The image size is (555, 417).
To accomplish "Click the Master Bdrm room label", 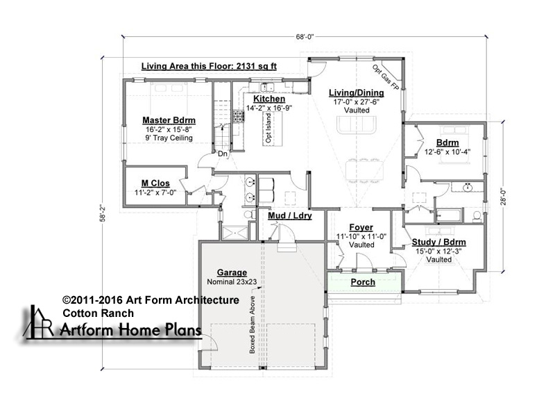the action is tap(169, 120).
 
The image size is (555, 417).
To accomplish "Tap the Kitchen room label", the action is tap(269, 99).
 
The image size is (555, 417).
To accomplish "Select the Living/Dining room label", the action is tap(357, 93).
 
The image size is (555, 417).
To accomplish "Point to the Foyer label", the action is tap(361, 227).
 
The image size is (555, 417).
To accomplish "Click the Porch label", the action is tap(363, 282).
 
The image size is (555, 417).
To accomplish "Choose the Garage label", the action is tap(232, 272).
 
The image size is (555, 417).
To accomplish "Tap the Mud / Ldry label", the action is tap(290, 215).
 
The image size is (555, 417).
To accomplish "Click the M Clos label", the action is tap(155, 183).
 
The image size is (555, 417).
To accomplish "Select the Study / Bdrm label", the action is tap(439, 242).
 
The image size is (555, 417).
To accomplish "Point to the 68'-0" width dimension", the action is tap(305, 37).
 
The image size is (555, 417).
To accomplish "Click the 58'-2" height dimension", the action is tap(103, 213).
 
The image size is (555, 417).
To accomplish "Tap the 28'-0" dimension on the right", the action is tap(504, 197).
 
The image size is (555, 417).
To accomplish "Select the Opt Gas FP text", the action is tap(386, 78).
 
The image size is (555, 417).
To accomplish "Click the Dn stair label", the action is tap(223, 154).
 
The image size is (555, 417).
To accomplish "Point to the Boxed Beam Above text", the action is tap(253, 325).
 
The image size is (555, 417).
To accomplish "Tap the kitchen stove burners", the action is tap(238, 117).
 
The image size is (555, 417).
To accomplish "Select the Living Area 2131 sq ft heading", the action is tap(209, 66).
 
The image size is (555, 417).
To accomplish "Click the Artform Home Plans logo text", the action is tap(130, 330).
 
